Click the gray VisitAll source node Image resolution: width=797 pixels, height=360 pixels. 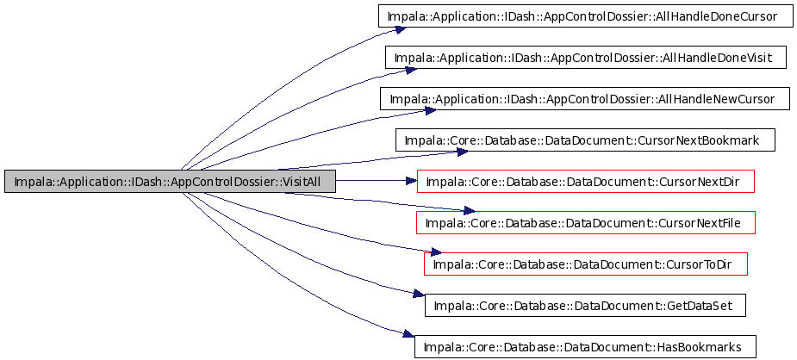170,181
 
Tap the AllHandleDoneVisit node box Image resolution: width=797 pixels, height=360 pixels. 583,58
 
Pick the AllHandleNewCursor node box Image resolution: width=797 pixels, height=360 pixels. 584,98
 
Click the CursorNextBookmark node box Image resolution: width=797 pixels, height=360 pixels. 585,140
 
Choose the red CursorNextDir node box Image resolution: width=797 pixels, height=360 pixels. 586,181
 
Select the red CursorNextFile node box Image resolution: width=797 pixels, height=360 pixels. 586,222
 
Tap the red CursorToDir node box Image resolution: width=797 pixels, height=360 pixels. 586,264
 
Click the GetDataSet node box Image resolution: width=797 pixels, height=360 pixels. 586,305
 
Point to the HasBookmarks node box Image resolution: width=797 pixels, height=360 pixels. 585,346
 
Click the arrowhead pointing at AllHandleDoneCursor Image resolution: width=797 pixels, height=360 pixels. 400,29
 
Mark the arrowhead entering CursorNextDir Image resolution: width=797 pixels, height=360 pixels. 411,180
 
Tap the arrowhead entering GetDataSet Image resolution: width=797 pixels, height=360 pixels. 419,294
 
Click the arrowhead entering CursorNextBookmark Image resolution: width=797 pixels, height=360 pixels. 462,152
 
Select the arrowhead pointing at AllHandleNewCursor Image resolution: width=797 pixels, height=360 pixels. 426,111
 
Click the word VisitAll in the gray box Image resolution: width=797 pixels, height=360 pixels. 301,181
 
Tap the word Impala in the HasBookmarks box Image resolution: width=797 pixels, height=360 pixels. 439,347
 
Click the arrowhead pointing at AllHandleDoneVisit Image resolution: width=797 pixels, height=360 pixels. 411,70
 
